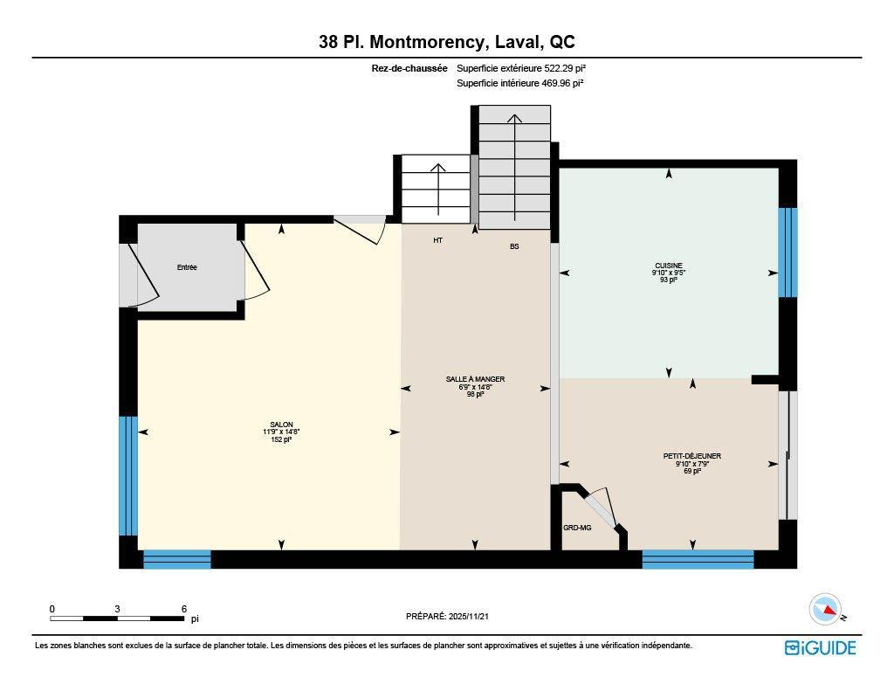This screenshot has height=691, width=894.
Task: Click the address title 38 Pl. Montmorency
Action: coord(446,42)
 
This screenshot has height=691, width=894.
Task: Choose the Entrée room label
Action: coord(187,267)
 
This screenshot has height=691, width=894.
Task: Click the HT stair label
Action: coord(437,240)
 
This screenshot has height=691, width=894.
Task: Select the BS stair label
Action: coord(514,246)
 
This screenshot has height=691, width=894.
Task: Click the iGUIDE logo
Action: coord(820,647)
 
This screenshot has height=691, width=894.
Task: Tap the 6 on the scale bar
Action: coord(183,609)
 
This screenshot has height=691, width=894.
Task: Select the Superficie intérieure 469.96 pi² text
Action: coord(519,84)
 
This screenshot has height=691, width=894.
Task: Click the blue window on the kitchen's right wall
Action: coord(787,252)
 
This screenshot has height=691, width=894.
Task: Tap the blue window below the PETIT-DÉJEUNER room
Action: coord(698,559)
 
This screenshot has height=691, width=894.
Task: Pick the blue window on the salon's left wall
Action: coord(128,475)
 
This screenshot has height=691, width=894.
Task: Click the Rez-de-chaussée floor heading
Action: coord(409,67)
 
